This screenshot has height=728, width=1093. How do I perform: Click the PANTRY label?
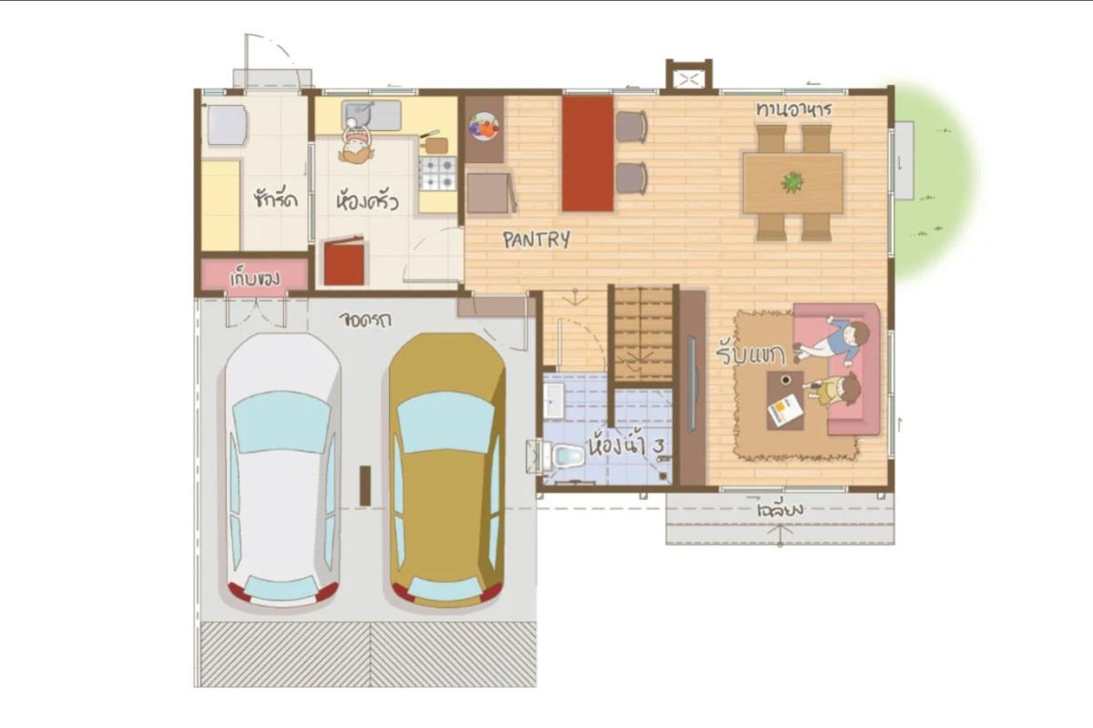point(536,240)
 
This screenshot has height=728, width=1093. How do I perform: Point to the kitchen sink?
point(371,116)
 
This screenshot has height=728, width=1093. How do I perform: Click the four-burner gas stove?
point(438,172)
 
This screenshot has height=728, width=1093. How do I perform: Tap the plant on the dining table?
point(792,182)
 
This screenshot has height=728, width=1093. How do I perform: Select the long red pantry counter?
point(587,153)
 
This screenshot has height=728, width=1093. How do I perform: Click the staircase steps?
point(641,333)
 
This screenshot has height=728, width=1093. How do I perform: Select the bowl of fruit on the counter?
point(485,127)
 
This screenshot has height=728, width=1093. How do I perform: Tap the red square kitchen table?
point(344,261)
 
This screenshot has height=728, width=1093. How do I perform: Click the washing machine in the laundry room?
point(227,125)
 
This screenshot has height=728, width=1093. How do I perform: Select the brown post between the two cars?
point(365,485)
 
